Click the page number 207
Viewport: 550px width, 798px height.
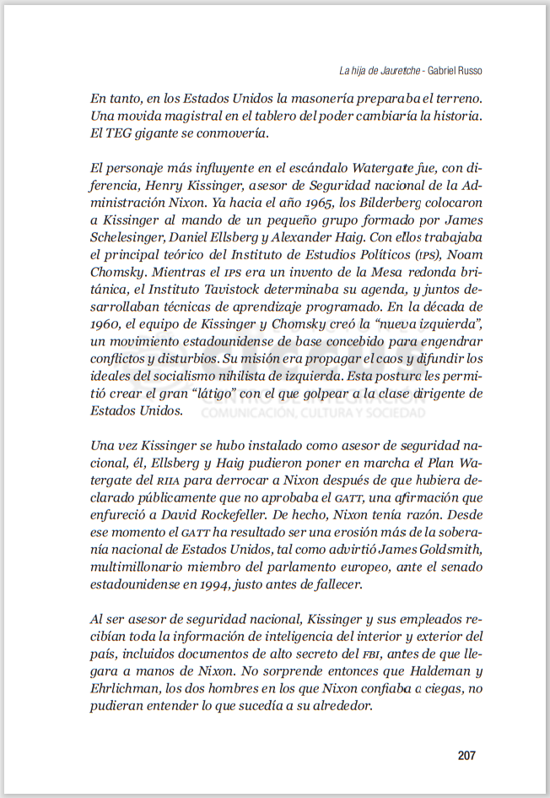pyautogui.click(x=466, y=756)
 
